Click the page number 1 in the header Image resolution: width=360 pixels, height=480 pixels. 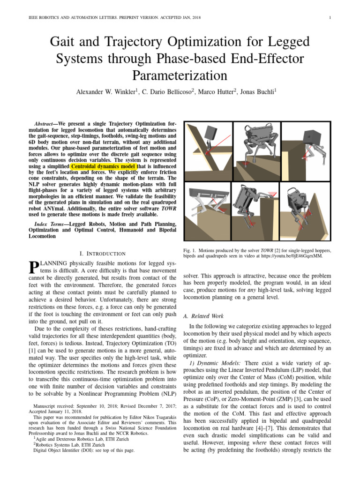[x=330, y=18]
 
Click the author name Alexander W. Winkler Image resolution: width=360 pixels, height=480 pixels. [x=105, y=92]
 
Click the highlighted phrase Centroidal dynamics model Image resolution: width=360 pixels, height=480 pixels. [x=104, y=166]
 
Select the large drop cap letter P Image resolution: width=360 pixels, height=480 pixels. [x=33, y=268]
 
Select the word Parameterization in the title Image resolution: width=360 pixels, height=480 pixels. [x=180, y=75]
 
